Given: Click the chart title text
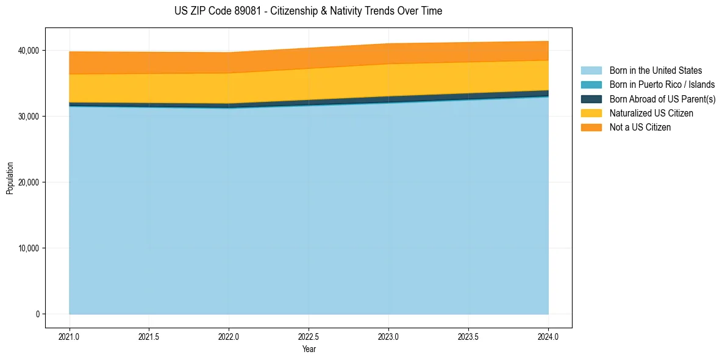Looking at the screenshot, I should (x=308, y=11).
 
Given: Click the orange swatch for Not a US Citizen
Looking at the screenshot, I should (x=591, y=128).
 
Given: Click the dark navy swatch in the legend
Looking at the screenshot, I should (x=591, y=99).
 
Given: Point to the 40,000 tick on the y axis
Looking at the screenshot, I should (x=30, y=50).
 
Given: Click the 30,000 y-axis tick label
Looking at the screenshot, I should (x=30, y=116).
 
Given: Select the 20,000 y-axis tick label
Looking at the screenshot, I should (x=30, y=182).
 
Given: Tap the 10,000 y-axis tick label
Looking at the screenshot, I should (x=30, y=248).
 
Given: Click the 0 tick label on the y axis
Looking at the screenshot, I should (x=37, y=314).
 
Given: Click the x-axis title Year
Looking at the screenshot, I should (x=309, y=349).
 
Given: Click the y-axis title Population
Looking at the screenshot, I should (x=10, y=178).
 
